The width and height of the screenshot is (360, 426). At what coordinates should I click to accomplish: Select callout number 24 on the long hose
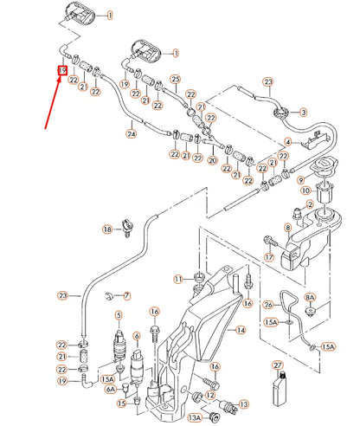[132, 134]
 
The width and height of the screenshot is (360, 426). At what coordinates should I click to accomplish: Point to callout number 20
[213, 162]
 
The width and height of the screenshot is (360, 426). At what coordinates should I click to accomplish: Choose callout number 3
[303, 112]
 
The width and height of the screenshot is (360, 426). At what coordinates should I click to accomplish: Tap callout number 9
[301, 180]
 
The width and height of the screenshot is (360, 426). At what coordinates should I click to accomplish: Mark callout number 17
[269, 257]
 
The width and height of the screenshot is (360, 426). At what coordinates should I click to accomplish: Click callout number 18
[108, 229]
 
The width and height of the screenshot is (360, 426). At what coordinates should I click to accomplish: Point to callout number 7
[126, 296]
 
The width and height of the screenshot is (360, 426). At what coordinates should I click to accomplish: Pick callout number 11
[177, 278]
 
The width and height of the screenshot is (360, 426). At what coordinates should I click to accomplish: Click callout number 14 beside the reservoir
[241, 330]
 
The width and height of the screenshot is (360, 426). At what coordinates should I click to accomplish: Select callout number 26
[267, 304]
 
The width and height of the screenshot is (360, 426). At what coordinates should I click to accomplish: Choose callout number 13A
[194, 416]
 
